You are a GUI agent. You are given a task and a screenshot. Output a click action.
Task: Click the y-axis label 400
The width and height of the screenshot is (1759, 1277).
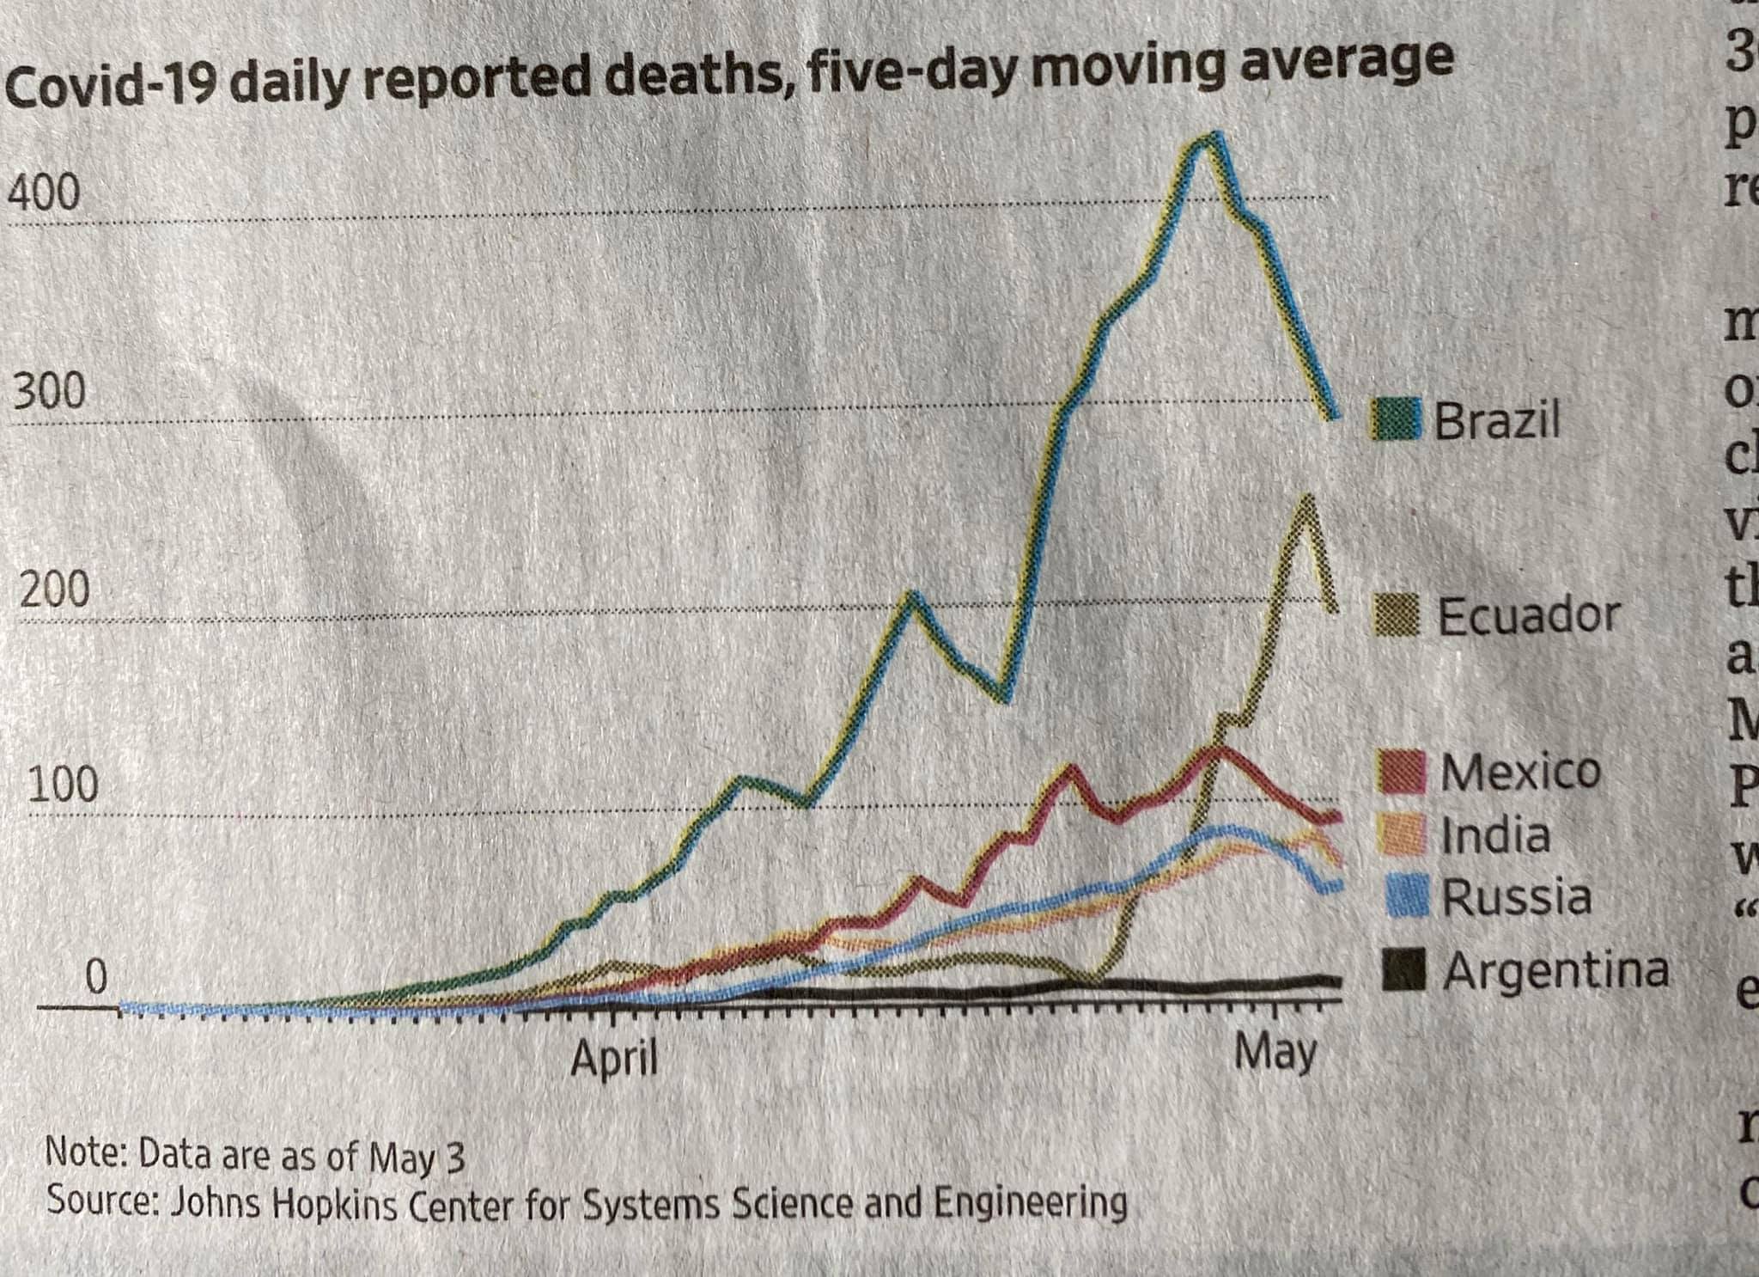click(x=43, y=192)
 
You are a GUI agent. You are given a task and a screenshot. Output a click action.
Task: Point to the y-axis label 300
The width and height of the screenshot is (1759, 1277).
click(x=49, y=392)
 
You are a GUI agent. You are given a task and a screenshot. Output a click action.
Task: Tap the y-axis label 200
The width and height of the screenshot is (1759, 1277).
click(x=55, y=590)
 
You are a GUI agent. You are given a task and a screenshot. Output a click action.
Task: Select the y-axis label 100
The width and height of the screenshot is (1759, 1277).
click(x=62, y=784)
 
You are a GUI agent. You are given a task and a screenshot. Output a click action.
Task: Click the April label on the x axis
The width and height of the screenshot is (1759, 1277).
click(x=614, y=1057)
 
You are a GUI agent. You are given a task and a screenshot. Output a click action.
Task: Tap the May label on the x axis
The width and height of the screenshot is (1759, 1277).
click(x=1275, y=1052)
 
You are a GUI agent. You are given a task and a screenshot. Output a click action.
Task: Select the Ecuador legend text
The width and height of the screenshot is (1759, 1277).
click(x=1529, y=615)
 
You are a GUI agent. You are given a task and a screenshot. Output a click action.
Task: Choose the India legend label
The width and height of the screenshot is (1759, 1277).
click(x=1495, y=834)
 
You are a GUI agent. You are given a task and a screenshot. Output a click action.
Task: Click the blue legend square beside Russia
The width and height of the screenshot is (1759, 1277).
click(x=1407, y=895)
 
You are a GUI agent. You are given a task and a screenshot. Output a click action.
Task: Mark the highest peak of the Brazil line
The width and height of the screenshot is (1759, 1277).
click(x=1211, y=137)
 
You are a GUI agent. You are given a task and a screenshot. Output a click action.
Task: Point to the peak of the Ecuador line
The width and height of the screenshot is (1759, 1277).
click(x=1306, y=498)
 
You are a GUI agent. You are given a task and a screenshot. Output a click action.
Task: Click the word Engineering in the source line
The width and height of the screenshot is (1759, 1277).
click(x=1029, y=1202)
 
